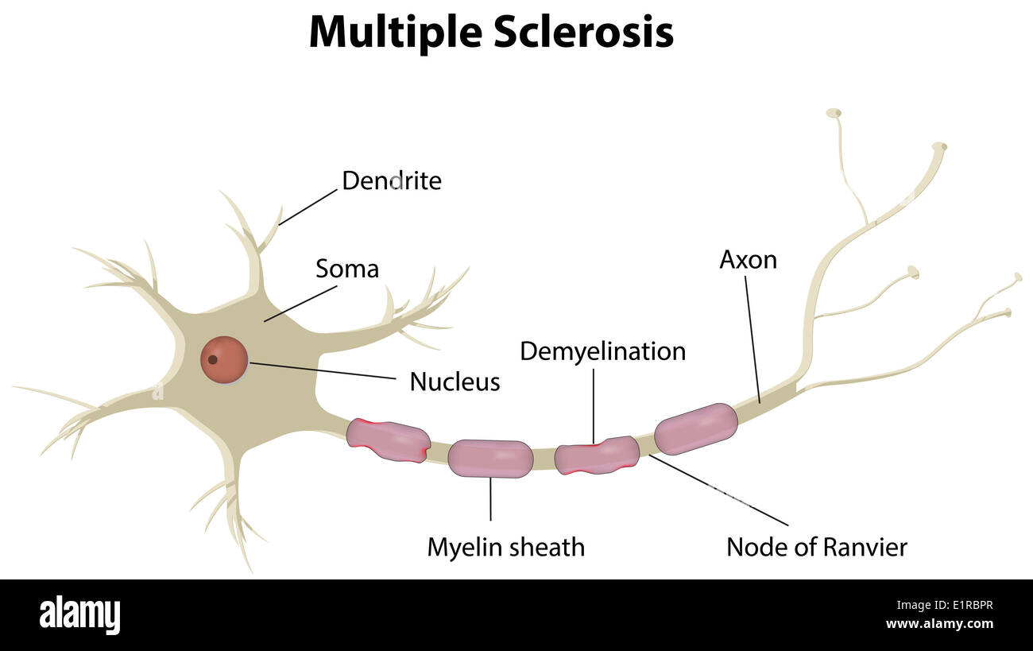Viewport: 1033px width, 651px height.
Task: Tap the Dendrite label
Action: point(391,181)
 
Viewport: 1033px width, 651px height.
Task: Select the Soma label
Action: point(346,269)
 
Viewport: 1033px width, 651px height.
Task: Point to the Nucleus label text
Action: point(455,382)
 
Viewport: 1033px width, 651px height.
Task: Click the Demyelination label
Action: point(602,351)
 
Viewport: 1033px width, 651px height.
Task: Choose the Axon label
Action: point(748,260)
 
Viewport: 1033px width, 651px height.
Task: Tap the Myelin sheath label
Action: point(505,547)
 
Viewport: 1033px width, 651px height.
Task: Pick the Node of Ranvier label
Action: point(817,547)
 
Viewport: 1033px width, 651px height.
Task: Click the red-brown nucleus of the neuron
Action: point(224,359)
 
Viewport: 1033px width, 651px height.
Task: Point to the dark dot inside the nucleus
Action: point(212,359)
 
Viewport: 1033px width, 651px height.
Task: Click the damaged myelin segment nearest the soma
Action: point(389,440)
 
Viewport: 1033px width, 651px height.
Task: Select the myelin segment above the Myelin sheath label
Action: point(490,459)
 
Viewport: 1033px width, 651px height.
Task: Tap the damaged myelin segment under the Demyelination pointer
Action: point(596,455)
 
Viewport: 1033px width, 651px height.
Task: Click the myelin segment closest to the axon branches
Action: point(696,428)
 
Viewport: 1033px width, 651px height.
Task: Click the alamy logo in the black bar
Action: point(79,615)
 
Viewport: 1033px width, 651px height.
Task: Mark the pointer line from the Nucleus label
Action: point(322,371)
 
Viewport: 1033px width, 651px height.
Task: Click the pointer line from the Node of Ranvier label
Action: point(719,490)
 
